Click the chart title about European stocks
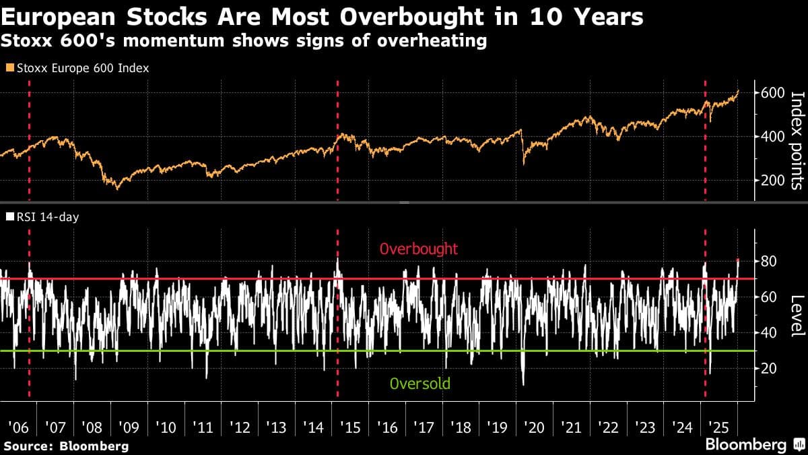point(321,17)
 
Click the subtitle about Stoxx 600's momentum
point(243,41)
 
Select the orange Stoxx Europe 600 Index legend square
point(9,68)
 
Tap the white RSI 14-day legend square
point(9,217)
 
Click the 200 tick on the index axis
point(773,180)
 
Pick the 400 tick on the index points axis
point(773,136)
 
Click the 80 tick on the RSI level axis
point(769,262)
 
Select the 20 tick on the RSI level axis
point(769,368)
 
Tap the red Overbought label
point(419,249)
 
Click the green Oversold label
point(419,384)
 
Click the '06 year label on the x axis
point(18,427)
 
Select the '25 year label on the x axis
point(719,427)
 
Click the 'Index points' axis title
point(797,140)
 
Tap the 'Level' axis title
point(797,315)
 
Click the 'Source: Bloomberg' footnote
point(66,446)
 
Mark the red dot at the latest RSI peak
point(738,260)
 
